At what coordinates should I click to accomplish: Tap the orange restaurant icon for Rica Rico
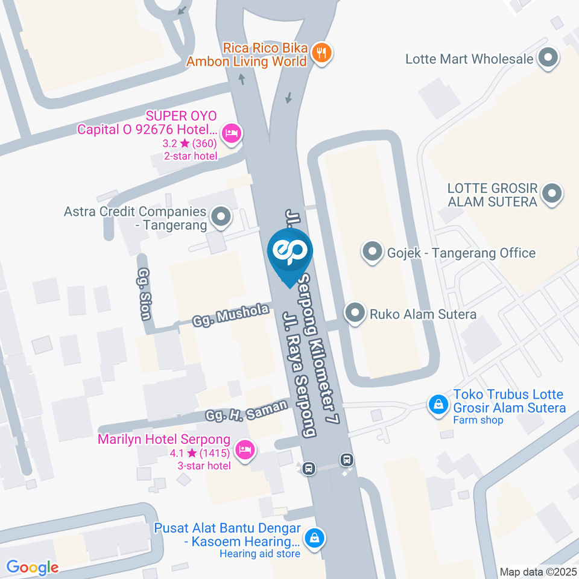323,54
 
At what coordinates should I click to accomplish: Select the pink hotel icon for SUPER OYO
231,133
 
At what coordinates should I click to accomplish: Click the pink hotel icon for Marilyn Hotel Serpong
244,449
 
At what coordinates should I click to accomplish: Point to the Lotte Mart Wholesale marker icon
548,59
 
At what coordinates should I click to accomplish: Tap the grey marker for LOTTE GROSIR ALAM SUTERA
551,194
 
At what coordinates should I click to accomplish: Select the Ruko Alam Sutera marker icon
355,314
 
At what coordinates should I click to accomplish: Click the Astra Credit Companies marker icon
220,217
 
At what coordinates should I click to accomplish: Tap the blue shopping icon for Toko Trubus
437,403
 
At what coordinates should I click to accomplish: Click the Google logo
32,567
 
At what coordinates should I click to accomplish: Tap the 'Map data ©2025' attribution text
539,571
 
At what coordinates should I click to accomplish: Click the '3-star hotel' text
204,466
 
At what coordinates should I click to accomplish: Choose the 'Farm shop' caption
478,420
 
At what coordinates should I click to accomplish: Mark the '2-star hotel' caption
191,156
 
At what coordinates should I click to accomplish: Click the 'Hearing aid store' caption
260,554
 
